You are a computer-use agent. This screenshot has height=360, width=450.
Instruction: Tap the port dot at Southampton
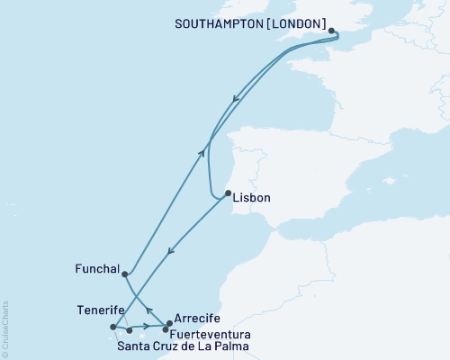(x=332, y=31)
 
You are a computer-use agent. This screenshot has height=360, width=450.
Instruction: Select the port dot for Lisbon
(x=228, y=193)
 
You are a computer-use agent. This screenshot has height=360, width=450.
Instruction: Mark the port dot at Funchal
(x=124, y=274)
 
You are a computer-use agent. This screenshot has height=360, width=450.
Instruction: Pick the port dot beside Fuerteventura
(x=165, y=329)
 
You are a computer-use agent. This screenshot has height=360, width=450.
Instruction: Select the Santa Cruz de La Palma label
(x=184, y=345)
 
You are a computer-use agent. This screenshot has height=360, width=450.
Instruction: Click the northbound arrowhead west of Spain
(x=203, y=153)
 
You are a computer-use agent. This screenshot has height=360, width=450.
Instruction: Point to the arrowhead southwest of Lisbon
(x=171, y=251)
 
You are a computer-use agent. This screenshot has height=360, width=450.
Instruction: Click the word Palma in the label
(x=230, y=345)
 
